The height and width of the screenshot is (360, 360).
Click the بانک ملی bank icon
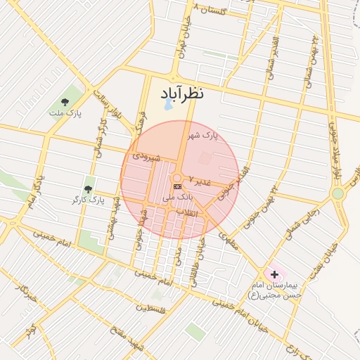[176, 186]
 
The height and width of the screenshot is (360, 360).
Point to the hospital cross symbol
[274, 273]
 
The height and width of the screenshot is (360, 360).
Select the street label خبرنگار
[25, 291]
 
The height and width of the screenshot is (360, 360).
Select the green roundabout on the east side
[337, 193]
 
